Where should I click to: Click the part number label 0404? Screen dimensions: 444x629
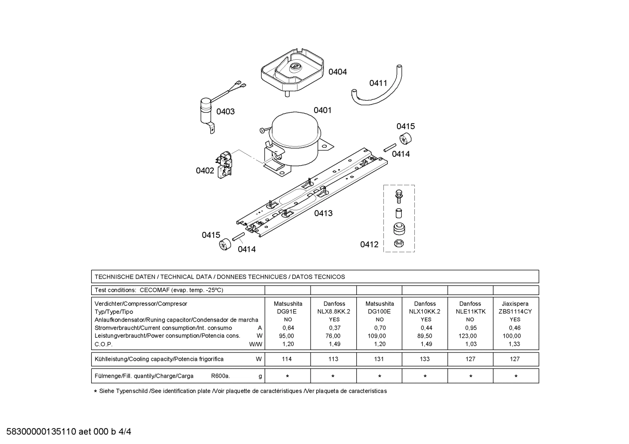coord(337,72)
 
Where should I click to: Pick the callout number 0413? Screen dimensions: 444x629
coord(323,213)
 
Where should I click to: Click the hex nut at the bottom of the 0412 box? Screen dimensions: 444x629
coord(398,243)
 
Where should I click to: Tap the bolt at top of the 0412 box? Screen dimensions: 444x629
coord(398,197)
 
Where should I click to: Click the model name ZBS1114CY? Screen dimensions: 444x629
coord(515,312)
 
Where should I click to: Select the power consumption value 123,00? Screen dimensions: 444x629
coord(470,336)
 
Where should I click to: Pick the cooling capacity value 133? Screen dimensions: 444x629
coord(424,359)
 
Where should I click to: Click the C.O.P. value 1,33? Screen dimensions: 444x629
coord(515,344)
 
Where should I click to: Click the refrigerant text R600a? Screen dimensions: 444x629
coord(220,376)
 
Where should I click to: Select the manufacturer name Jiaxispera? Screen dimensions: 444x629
coord(515,304)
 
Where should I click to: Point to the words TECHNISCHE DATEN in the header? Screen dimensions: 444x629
coord(125,277)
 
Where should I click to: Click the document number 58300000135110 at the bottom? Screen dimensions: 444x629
coord(41,432)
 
